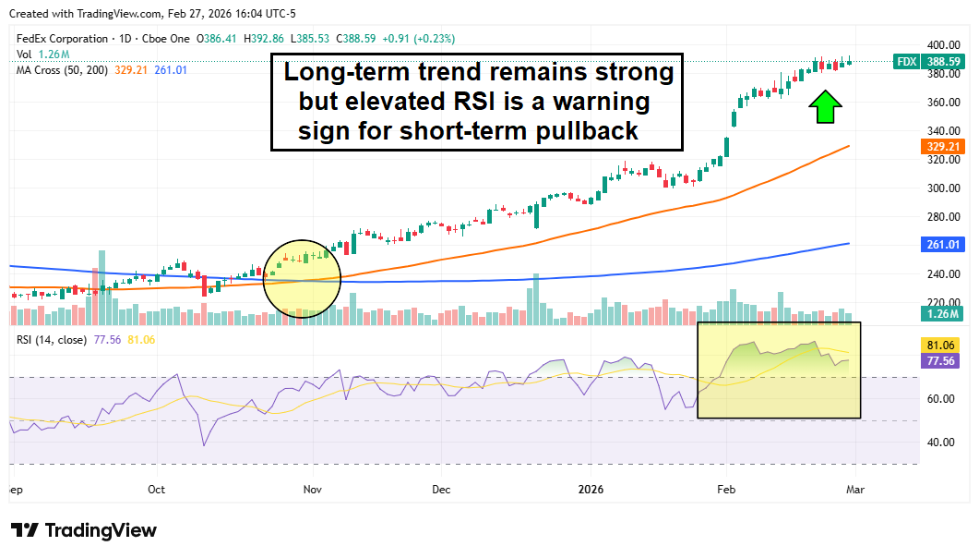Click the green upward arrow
824,107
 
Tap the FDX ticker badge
907,62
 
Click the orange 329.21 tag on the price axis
941,146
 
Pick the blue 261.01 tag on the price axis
941,245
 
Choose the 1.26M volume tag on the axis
941,314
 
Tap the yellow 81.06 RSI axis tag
941,346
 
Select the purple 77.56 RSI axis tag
941,361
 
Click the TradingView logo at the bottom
84,530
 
